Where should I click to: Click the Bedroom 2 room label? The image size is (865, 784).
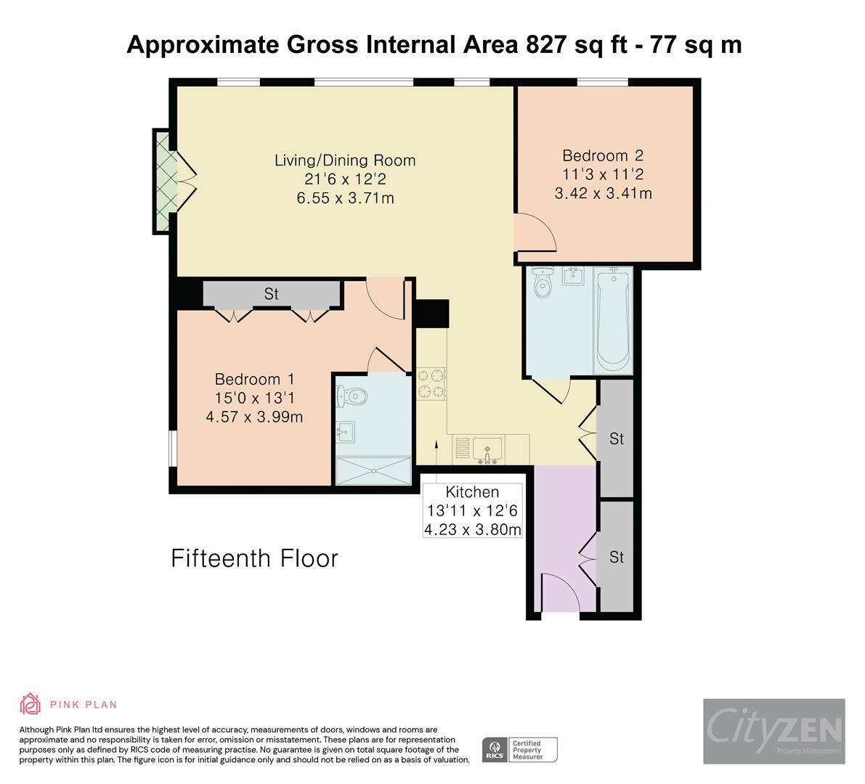pos(603,155)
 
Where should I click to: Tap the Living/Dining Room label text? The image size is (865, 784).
pos(345,160)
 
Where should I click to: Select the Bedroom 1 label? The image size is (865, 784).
pos(254,380)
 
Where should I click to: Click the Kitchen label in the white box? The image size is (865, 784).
pos(472,491)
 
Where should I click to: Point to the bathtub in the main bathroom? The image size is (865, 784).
pos(613,321)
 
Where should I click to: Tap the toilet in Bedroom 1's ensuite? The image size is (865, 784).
pos(352,396)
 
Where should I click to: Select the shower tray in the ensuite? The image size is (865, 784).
pos(373,471)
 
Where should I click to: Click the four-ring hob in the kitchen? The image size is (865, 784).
pos(431,384)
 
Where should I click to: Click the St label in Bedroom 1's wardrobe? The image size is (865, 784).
pos(271,294)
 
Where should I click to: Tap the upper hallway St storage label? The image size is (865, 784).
pos(616,439)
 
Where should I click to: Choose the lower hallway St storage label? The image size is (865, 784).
pos(616,558)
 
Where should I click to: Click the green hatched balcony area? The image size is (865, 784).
pos(164,181)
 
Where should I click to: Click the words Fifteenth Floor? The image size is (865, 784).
pos(254,558)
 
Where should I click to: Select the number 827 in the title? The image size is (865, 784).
pos(546,45)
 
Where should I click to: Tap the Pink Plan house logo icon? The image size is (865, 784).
pos(31,704)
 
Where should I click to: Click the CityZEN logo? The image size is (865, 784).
pos(774,731)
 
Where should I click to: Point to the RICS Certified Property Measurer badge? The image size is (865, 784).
pos(520,750)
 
